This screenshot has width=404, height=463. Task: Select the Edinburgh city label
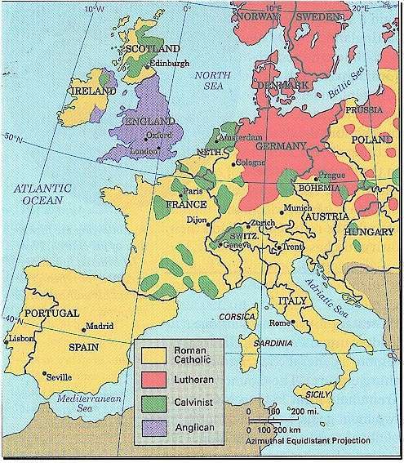[169, 62]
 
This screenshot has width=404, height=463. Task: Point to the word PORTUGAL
[51, 313]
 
